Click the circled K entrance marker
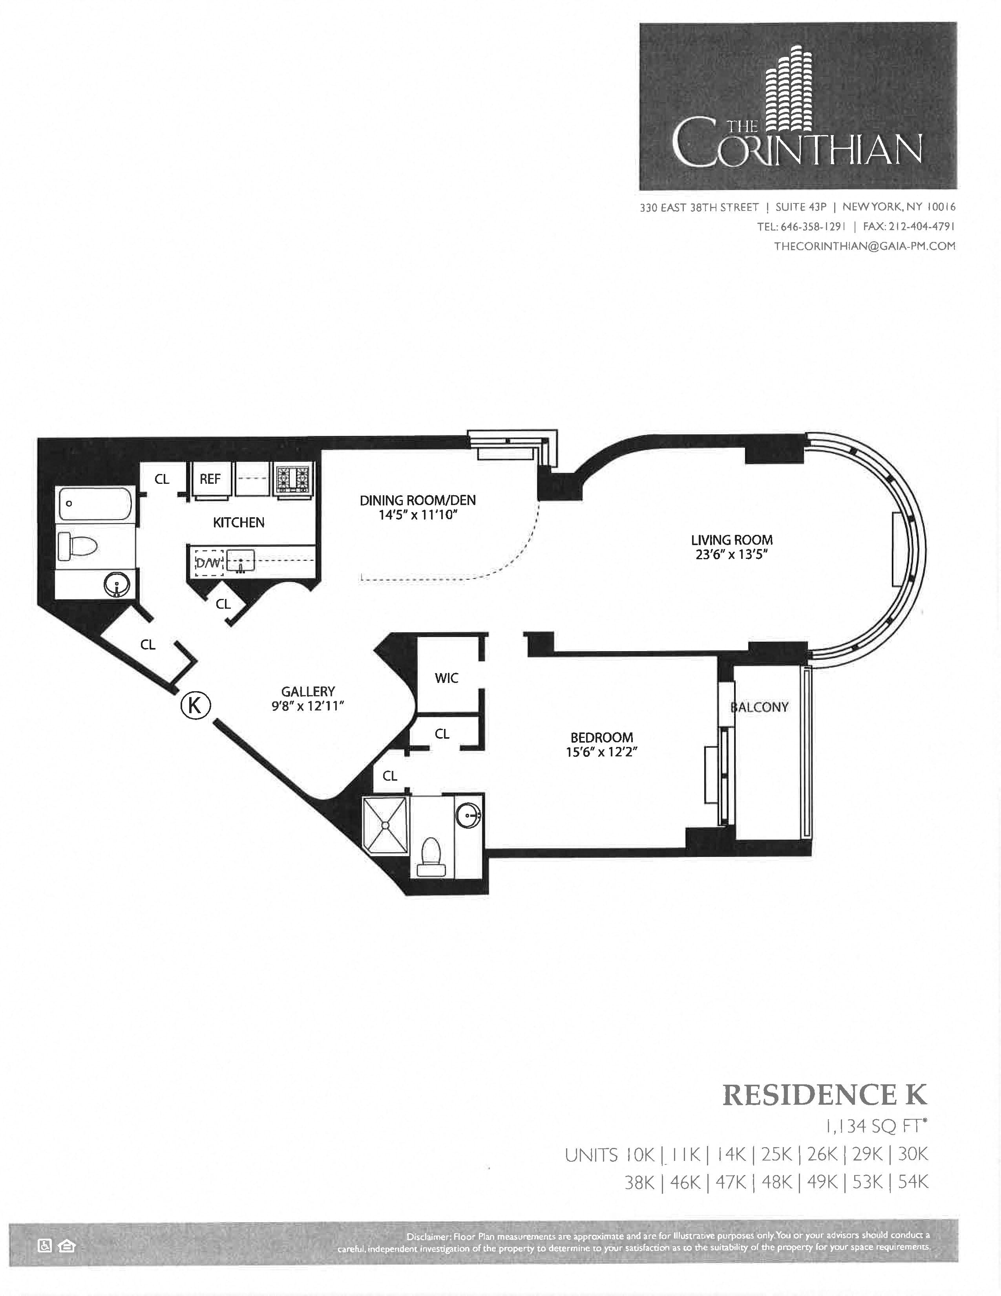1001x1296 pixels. [x=195, y=705]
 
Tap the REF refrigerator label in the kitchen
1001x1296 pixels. [x=210, y=479]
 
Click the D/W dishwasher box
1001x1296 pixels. [x=208, y=562]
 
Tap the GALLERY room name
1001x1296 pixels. [x=308, y=691]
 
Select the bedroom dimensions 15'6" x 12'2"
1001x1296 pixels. [x=601, y=752]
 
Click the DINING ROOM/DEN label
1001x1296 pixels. [x=418, y=500]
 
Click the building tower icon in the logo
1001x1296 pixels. [x=789, y=95]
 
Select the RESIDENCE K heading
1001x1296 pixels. [x=824, y=1095]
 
